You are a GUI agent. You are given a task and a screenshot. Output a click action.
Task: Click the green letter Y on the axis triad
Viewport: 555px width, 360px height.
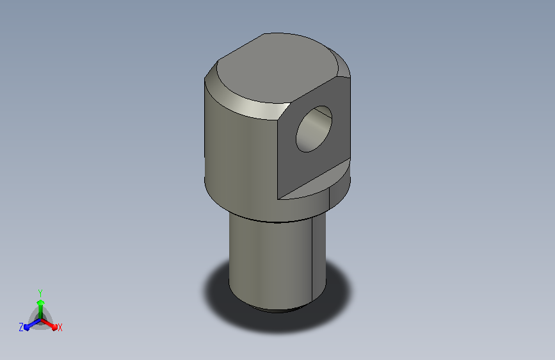tap(40, 293)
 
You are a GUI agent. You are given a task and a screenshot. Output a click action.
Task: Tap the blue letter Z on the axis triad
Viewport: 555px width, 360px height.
tap(21, 327)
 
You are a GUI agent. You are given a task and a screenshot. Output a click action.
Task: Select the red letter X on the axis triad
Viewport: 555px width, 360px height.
tap(60, 327)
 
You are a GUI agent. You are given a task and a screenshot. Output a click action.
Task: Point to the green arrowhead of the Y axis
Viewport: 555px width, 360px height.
tap(40, 302)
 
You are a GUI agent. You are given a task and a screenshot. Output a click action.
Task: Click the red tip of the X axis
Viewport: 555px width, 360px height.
tap(54, 327)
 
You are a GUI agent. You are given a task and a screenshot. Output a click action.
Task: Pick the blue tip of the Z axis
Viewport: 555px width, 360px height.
tap(27, 328)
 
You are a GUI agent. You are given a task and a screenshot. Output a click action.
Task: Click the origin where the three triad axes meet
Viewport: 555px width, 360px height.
tap(41, 320)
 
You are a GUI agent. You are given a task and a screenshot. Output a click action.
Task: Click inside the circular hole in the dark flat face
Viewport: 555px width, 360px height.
tap(314, 129)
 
